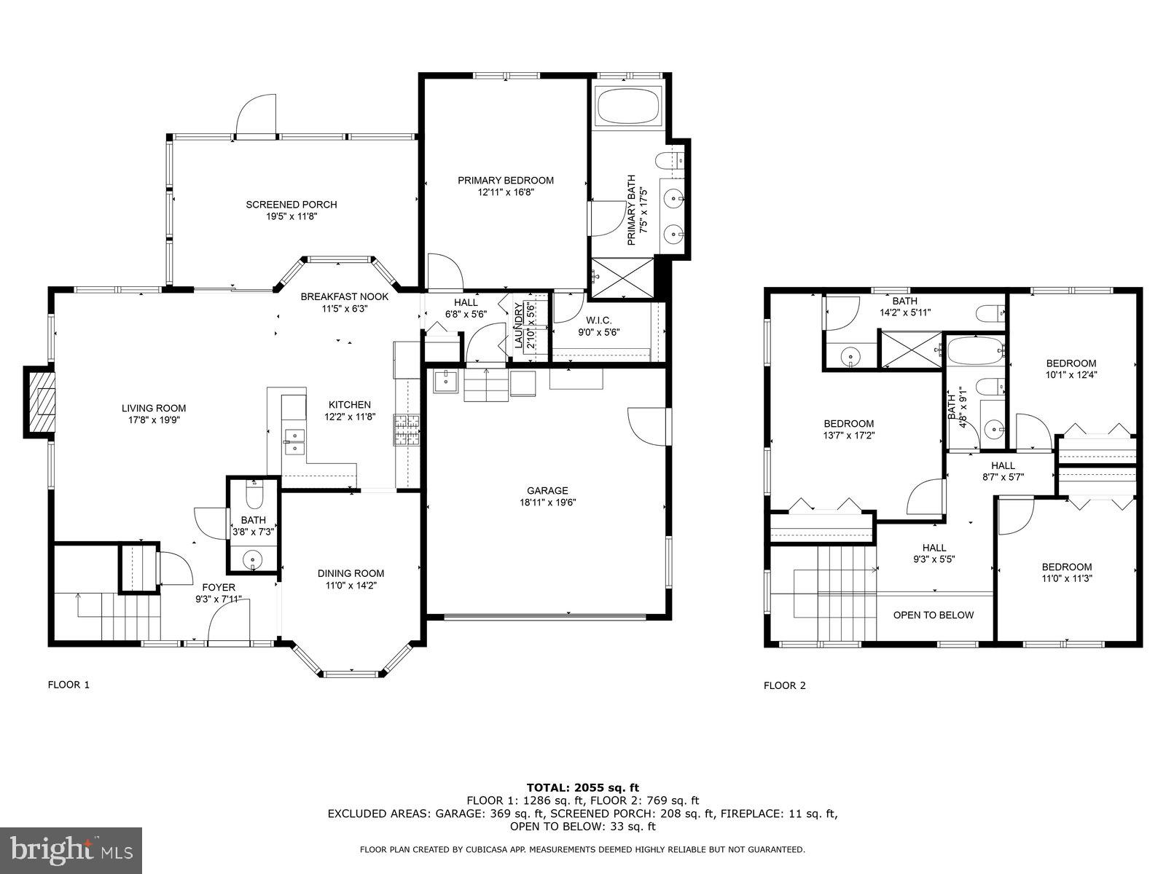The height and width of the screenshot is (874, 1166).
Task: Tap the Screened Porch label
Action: click(291, 205)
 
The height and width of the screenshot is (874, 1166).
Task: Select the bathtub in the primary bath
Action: click(629, 106)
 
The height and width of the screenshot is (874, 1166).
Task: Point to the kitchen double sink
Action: click(295, 441)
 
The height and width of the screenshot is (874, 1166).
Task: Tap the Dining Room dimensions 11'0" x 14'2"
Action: click(351, 585)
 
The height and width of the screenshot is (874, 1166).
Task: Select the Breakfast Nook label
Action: click(345, 296)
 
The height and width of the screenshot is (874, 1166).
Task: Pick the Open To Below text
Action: click(933, 615)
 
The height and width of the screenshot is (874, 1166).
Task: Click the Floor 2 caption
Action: click(784, 685)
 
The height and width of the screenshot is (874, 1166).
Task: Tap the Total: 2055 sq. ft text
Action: click(582, 787)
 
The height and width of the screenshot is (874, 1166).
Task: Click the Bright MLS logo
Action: click(71, 851)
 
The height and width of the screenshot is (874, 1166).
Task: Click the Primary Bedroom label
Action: click(505, 181)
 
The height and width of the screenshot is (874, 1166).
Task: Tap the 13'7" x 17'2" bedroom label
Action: click(848, 430)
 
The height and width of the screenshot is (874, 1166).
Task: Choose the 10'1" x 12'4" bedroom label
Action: click(1071, 369)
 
